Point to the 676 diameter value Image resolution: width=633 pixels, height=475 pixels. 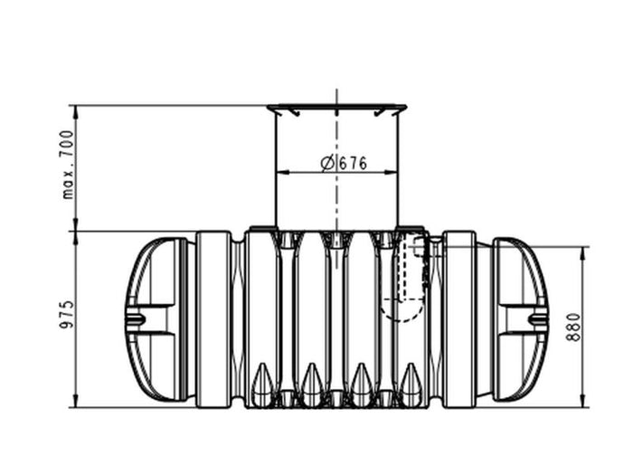point(354,164)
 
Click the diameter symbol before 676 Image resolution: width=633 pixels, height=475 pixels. point(327,164)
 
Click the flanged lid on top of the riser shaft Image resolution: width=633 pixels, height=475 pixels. point(336,109)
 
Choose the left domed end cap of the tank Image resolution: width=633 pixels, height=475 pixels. point(156,319)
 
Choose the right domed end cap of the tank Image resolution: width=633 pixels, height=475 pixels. point(519,319)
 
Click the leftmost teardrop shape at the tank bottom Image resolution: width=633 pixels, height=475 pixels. point(262,385)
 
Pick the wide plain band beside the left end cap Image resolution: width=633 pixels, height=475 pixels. point(213,318)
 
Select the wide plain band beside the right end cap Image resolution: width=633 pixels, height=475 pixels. point(459,318)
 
